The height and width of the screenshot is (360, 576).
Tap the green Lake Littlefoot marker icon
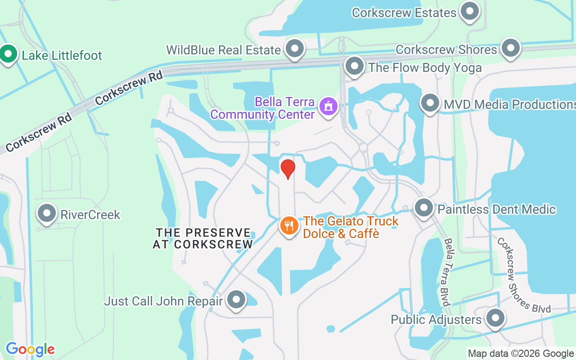click(8, 54)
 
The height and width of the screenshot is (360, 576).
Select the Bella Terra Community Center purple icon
click(328, 107)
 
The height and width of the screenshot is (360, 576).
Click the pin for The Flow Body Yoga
click(355, 66)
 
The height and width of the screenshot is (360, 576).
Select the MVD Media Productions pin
click(430, 103)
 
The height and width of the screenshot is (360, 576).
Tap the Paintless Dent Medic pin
click(424, 208)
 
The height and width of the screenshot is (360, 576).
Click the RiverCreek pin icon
click(47, 213)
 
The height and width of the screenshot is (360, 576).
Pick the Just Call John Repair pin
click(236, 300)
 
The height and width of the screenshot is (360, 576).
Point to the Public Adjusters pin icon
click(495, 318)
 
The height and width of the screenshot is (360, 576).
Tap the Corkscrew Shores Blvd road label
click(523, 275)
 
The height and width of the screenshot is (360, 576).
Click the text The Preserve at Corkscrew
click(203, 238)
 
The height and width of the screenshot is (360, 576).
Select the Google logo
click(30, 349)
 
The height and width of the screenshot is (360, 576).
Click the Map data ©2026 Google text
click(521, 354)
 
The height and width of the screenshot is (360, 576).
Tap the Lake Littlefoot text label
click(62, 55)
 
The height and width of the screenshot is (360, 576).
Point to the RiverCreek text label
click(90, 215)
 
